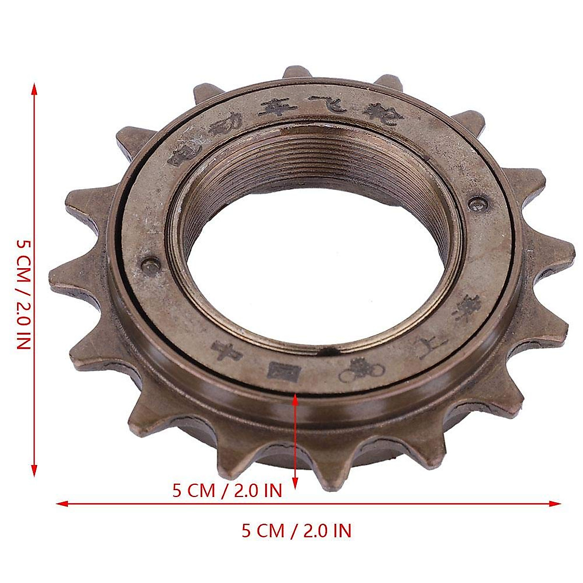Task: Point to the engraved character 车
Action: click(x=275, y=106)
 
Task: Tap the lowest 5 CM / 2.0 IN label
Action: click(x=296, y=531)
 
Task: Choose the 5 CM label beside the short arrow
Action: click(x=227, y=491)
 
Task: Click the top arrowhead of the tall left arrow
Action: click(x=34, y=87)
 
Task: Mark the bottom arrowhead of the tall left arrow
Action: click(x=34, y=471)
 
